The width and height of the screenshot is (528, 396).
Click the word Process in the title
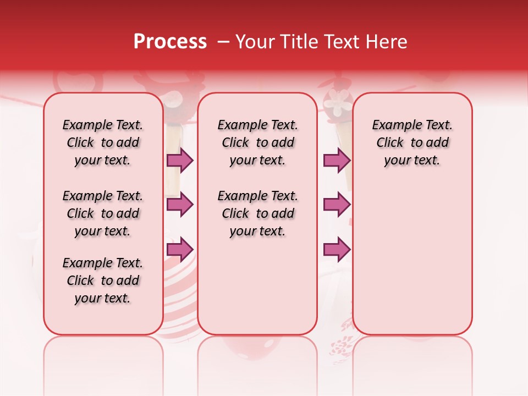click(x=170, y=42)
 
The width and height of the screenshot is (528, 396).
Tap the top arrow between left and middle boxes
click(x=180, y=160)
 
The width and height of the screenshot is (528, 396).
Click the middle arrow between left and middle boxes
click(x=180, y=205)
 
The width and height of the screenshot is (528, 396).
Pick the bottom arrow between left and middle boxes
click(x=180, y=249)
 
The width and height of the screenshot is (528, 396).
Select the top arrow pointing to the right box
click(x=337, y=160)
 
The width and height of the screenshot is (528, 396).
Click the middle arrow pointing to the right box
click(x=337, y=205)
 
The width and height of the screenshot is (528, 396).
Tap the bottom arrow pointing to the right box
click(x=337, y=249)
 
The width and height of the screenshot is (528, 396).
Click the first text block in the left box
click(x=103, y=142)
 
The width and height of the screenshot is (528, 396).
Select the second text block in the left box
click(x=103, y=213)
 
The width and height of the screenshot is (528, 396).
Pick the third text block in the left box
click(x=103, y=280)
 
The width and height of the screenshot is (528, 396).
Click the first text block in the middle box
click(x=257, y=142)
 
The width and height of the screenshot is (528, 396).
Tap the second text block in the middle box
click(x=257, y=213)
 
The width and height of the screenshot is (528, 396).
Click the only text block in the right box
click(x=412, y=142)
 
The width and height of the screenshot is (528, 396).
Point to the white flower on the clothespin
click(x=338, y=103)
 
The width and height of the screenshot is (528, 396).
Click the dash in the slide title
click(x=223, y=42)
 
